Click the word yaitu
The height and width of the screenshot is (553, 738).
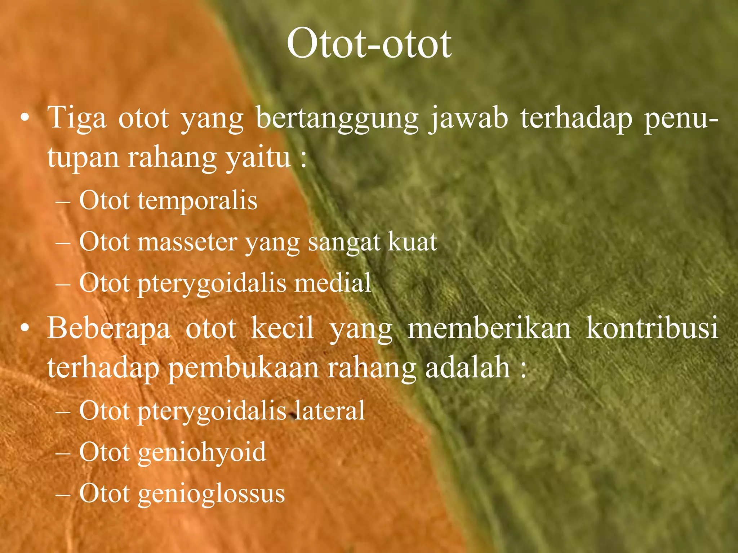(258, 158)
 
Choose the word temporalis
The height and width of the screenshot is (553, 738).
(197, 200)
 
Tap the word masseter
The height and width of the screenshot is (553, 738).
(187, 242)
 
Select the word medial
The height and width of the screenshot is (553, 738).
(333, 283)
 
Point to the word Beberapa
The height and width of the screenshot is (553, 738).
(108, 329)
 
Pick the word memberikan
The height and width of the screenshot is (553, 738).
(489, 328)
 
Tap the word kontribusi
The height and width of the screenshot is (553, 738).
(652, 328)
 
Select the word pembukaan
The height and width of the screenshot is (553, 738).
(244, 369)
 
